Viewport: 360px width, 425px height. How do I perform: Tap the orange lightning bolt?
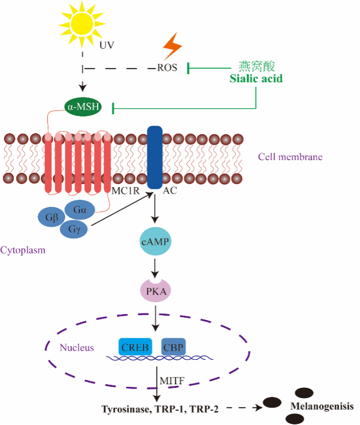(171, 46)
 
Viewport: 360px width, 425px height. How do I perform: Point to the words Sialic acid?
(256, 78)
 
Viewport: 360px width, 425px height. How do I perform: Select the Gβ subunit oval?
(51, 216)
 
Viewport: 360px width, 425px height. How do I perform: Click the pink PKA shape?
(154, 290)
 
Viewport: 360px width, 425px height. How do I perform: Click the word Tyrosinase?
(126, 409)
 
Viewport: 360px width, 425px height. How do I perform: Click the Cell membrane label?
(290, 157)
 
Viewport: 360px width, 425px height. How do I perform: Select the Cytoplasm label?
(23, 250)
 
